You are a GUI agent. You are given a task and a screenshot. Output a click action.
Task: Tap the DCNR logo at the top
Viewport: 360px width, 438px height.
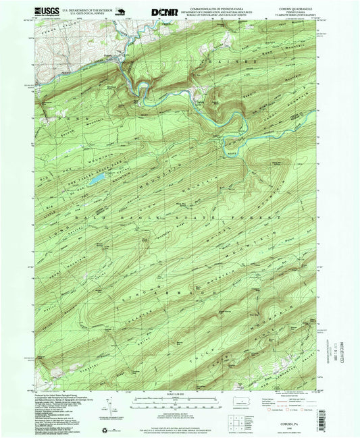click(161, 11)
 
